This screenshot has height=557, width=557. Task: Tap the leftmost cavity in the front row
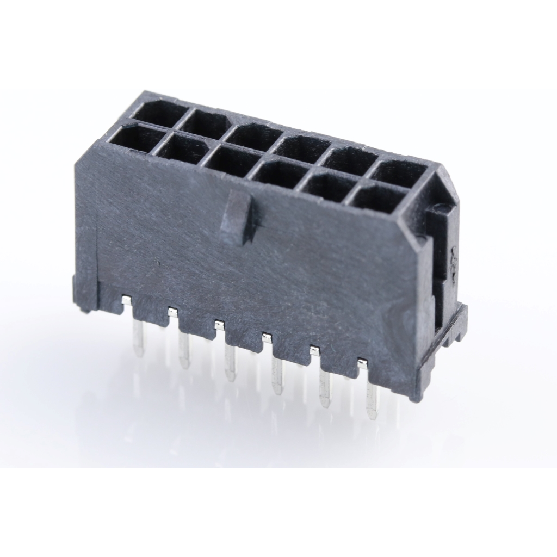click(x=133, y=139)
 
